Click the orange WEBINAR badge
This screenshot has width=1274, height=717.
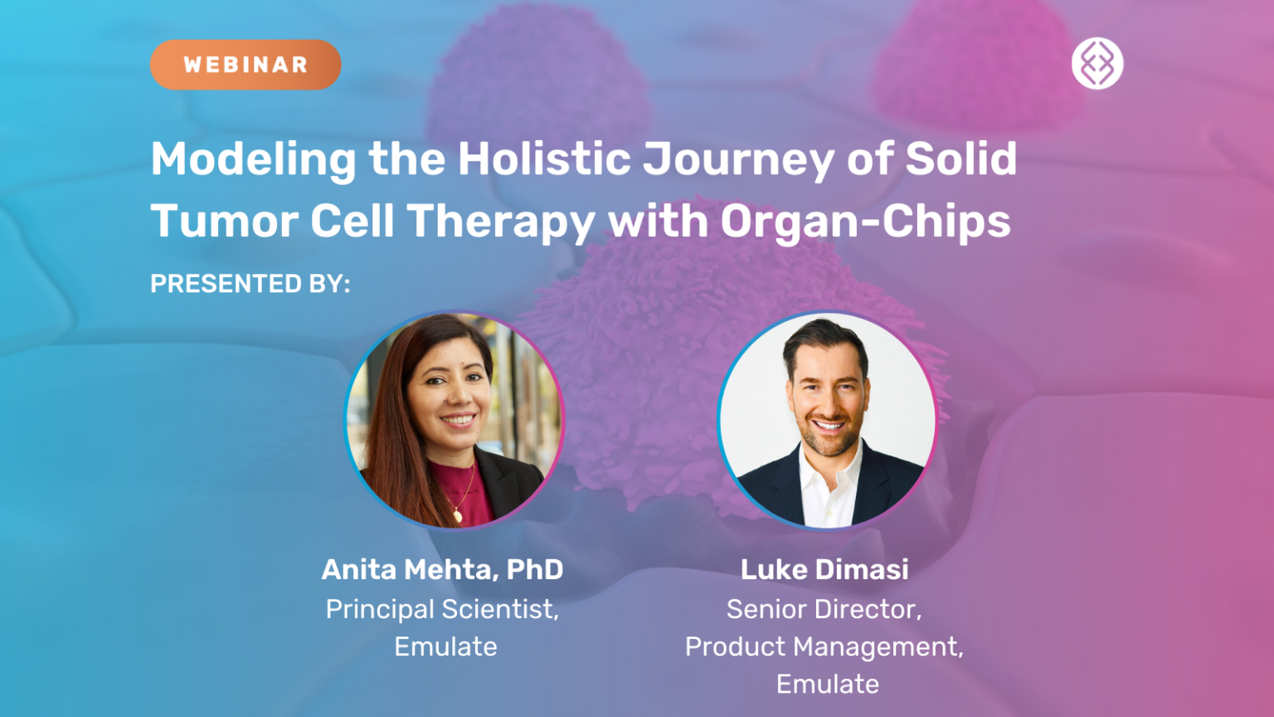(x=246, y=65)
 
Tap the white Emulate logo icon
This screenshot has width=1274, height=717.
(x=1097, y=64)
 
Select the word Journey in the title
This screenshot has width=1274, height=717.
(x=738, y=160)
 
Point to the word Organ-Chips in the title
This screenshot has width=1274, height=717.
(x=865, y=222)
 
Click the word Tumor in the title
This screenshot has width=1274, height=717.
(x=224, y=222)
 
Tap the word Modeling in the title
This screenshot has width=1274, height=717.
(x=253, y=160)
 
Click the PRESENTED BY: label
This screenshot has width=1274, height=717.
(x=250, y=284)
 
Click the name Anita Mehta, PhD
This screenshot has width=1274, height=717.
(x=443, y=569)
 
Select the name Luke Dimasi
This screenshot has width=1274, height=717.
(x=824, y=569)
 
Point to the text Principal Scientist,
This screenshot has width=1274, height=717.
(x=443, y=609)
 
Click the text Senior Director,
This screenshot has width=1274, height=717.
(x=824, y=609)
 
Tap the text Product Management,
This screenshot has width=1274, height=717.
(x=824, y=646)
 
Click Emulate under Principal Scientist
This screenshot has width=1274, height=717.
(x=445, y=646)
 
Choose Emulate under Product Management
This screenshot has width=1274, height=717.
(x=828, y=684)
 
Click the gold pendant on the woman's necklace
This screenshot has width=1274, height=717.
(x=457, y=516)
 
